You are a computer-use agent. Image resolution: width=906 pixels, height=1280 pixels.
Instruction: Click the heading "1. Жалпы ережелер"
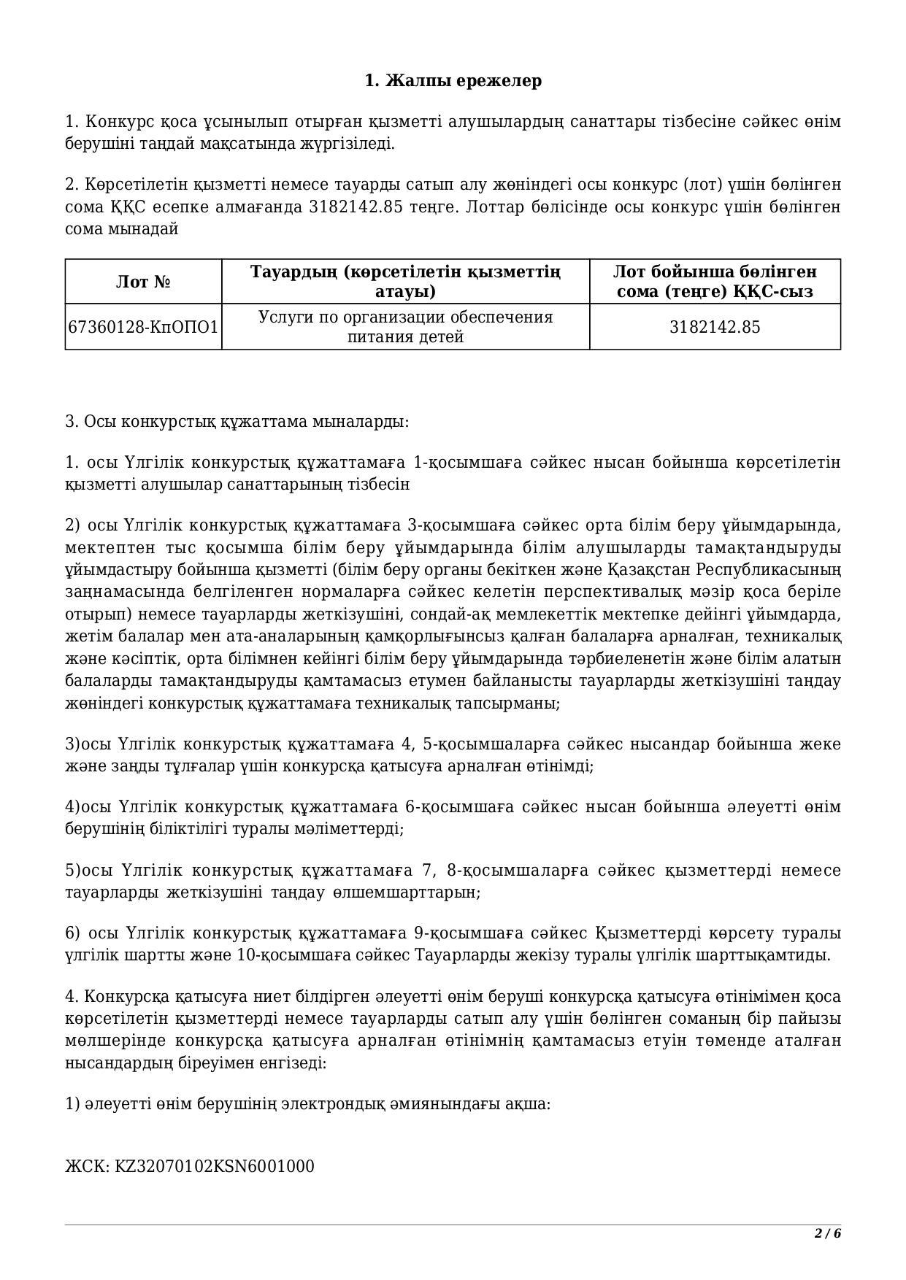tap(453, 80)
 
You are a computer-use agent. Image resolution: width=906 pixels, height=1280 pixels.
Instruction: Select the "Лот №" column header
tap(143, 282)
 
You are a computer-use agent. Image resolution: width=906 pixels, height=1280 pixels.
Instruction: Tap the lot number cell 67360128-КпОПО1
tap(143, 327)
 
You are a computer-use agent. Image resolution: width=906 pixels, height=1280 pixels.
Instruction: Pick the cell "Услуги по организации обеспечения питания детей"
tap(405, 327)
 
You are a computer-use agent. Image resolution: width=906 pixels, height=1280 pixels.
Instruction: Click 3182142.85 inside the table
tap(714, 327)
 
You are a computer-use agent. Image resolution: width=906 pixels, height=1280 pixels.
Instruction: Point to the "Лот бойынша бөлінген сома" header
tap(714, 282)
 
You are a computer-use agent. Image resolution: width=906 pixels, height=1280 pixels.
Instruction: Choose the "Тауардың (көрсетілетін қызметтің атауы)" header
tap(405, 282)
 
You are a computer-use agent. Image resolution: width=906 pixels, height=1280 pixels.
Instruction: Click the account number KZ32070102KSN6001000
tap(215, 1166)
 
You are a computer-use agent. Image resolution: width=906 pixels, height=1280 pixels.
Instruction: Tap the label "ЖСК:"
tap(88, 1166)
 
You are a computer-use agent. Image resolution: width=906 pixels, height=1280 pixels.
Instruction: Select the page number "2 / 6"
tap(828, 1234)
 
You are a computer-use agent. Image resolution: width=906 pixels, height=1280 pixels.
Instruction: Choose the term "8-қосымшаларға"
tap(512, 871)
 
